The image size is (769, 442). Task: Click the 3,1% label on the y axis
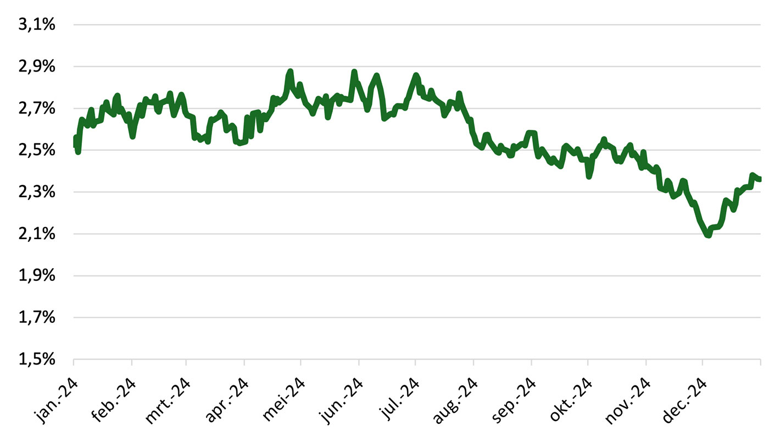(x=37, y=25)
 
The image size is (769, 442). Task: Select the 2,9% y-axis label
(x=37, y=67)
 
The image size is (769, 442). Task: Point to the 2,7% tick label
(x=37, y=109)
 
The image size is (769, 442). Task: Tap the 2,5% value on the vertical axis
(x=37, y=150)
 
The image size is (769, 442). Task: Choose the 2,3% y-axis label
(x=37, y=192)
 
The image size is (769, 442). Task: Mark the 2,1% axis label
(x=37, y=234)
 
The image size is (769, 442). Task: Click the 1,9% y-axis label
(x=37, y=275)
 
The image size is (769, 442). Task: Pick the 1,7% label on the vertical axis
(x=37, y=318)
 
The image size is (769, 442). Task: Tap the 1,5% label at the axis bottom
(x=37, y=360)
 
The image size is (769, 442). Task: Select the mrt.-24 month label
(x=168, y=401)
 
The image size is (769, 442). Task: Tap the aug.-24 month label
(x=455, y=401)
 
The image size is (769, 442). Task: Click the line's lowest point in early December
(x=708, y=235)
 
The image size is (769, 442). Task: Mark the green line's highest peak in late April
(x=291, y=71)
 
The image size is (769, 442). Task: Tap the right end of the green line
(x=760, y=179)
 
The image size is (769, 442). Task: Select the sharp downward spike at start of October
(x=589, y=176)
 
